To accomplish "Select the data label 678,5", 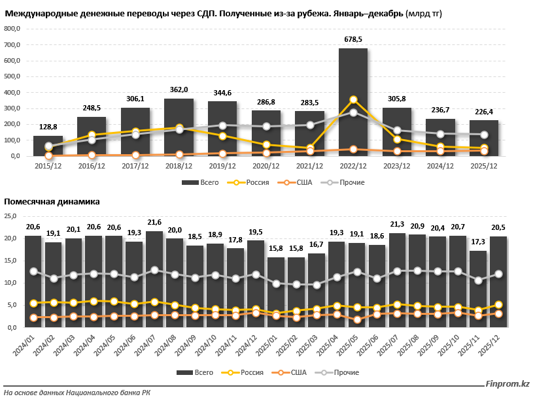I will (353, 40).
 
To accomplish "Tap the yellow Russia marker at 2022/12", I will (353, 100).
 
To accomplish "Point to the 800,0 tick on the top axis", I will (12, 29).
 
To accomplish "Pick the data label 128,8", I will (48, 127).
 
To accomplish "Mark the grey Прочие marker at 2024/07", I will (154, 270).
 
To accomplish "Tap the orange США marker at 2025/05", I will (357, 320).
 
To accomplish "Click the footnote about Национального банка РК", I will (77, 393).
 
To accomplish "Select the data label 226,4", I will (484, 112).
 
